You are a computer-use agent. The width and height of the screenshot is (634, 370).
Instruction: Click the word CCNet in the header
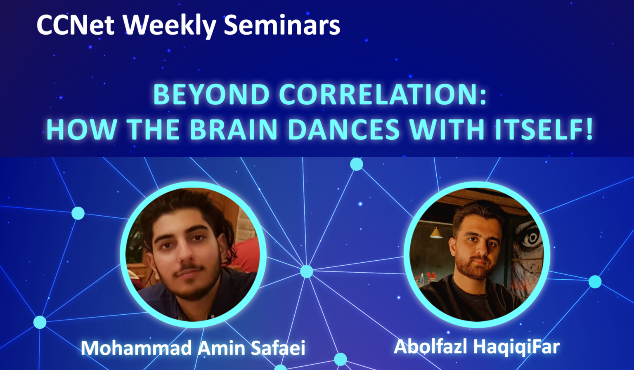[76, 25]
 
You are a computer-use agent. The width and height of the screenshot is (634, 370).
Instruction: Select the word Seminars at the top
[282, 25]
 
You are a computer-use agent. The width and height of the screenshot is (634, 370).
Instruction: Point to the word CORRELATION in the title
[379, 95]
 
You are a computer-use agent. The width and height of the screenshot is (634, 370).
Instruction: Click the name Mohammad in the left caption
[137, 348]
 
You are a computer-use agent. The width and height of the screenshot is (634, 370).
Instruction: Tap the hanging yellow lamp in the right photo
[436, 233]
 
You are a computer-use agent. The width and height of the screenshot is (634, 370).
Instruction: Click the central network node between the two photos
[307, 271]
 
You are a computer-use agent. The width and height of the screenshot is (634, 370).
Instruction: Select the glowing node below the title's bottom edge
[357, 164]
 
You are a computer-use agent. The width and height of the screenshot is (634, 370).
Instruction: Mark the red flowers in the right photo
[431, 276]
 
